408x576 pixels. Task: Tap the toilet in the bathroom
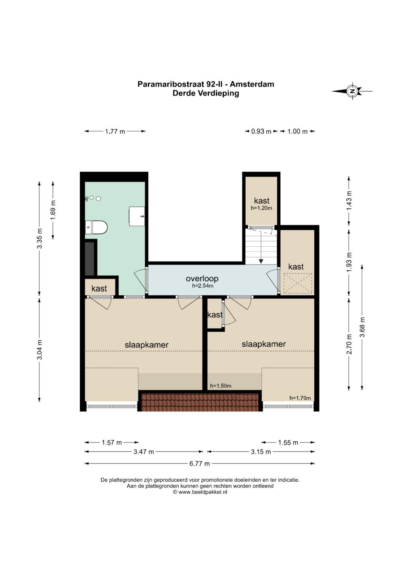[96, 227]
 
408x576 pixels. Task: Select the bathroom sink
[137, 216]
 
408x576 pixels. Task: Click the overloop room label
[202, 278]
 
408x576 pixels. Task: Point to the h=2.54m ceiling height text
[203, 286]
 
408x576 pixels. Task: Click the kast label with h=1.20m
[261, 201]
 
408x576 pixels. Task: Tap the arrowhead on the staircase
[261, 261]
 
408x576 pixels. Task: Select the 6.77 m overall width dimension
[199, 464]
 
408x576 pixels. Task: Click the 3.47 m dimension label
[144, 452]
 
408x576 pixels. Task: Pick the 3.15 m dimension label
[261, 452]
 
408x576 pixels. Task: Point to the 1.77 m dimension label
[115, 131]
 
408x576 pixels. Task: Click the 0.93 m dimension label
[261, 131]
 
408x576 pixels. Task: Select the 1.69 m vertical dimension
[53, 210]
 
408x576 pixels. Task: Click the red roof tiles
[199, 402]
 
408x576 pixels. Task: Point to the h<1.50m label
[221, 386]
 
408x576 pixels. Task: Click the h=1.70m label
[300, 398]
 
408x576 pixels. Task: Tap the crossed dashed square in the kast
[298, 283]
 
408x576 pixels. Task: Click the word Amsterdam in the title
[252, 84]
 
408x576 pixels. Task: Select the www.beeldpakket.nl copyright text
[200, 492]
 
